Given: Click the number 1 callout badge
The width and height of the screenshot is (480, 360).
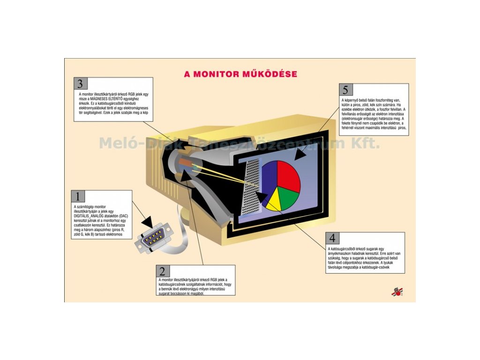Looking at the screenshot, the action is coord(78,196).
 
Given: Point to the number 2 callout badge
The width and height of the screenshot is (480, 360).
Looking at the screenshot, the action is coord(163,271).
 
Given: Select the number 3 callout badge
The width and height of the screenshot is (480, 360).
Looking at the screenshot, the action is coord(80,84).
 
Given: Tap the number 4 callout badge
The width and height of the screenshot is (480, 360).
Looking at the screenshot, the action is coord(332,238).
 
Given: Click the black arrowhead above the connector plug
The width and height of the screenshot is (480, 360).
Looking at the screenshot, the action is coord(149,221).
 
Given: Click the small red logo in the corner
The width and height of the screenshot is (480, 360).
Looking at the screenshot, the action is coord(397,292).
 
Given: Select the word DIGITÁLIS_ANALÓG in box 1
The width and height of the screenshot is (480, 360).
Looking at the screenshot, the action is coord(91,216).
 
